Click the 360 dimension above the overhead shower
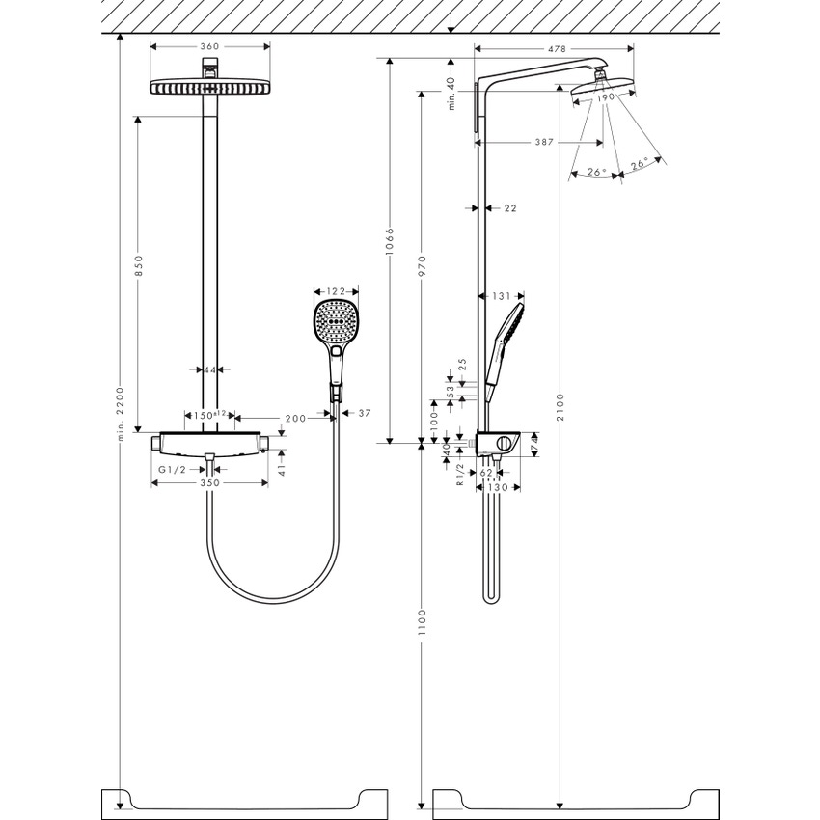tap(209, 46)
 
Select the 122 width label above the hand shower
tap(336, 290)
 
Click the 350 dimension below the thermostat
tap(209, 482)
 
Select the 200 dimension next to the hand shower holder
tap(295, 417)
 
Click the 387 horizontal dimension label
tap(543, 142)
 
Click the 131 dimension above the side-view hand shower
tap(501, 296)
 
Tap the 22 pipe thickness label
tap(510, 207)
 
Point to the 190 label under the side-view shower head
tap(604, 97)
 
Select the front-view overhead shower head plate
tap(209, 88)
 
